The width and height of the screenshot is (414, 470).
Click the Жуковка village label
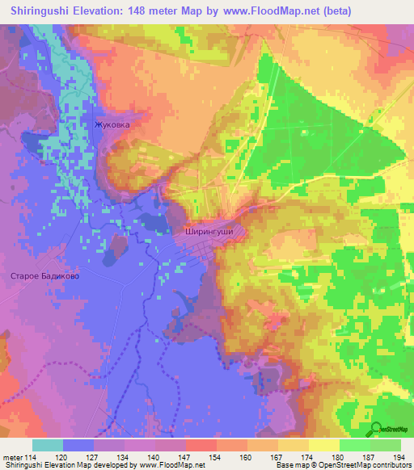[112, 125]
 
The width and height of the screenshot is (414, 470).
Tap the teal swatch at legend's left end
[47, 445]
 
